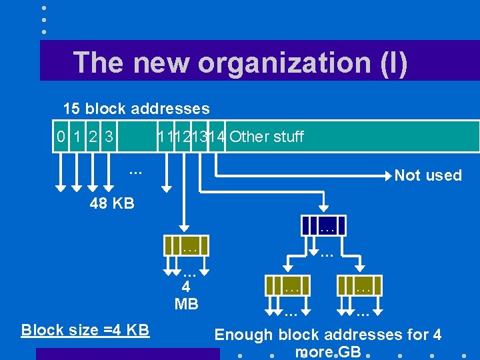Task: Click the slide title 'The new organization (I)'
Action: pyautogui.click(x=240, y=63)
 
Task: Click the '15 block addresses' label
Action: pyautogui.click(x=136, y=109)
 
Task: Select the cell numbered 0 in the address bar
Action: pyautogui.click(x=61, y=137)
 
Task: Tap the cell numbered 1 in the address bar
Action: pyautogui.click(x=77, y=137)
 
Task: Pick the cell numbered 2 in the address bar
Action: pyautogui.click(x=94, y=137)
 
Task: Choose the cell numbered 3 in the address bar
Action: pyautogui.click(x=109, y=137)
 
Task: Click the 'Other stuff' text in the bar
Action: pyautogui.click(x=267, y=137)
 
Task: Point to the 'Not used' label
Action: pyautogui.click(x=428, y=175)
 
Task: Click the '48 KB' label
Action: pyautogui.click(x=112, y=203)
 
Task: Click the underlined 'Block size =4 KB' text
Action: pyautogui.click(x=85, y=330)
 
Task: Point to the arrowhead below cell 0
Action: pyautogui.click(x=61, y=188)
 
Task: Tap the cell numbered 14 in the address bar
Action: pyautogui.click(x=217, y=137)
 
